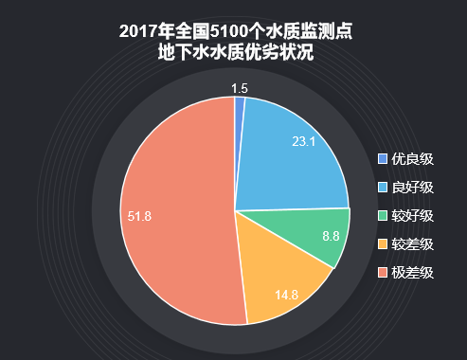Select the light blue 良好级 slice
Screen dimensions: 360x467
coord(289,156)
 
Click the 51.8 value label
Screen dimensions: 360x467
coord(140,216)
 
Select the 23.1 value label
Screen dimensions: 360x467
coord(303,142)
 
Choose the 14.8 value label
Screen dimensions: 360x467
coord(286,295)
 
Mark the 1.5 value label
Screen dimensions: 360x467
coord(240,88)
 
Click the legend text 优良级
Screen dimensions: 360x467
coord(413,158)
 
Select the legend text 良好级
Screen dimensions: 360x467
coord(413,187)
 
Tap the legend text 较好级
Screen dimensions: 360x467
coord(413,215)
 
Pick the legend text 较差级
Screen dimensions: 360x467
coord(413,244)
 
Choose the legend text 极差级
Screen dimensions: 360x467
coord(413,273)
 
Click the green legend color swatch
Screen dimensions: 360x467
coord(383,215)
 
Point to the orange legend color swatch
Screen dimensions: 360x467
coord(383,244)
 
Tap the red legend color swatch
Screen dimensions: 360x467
coord(383,273)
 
